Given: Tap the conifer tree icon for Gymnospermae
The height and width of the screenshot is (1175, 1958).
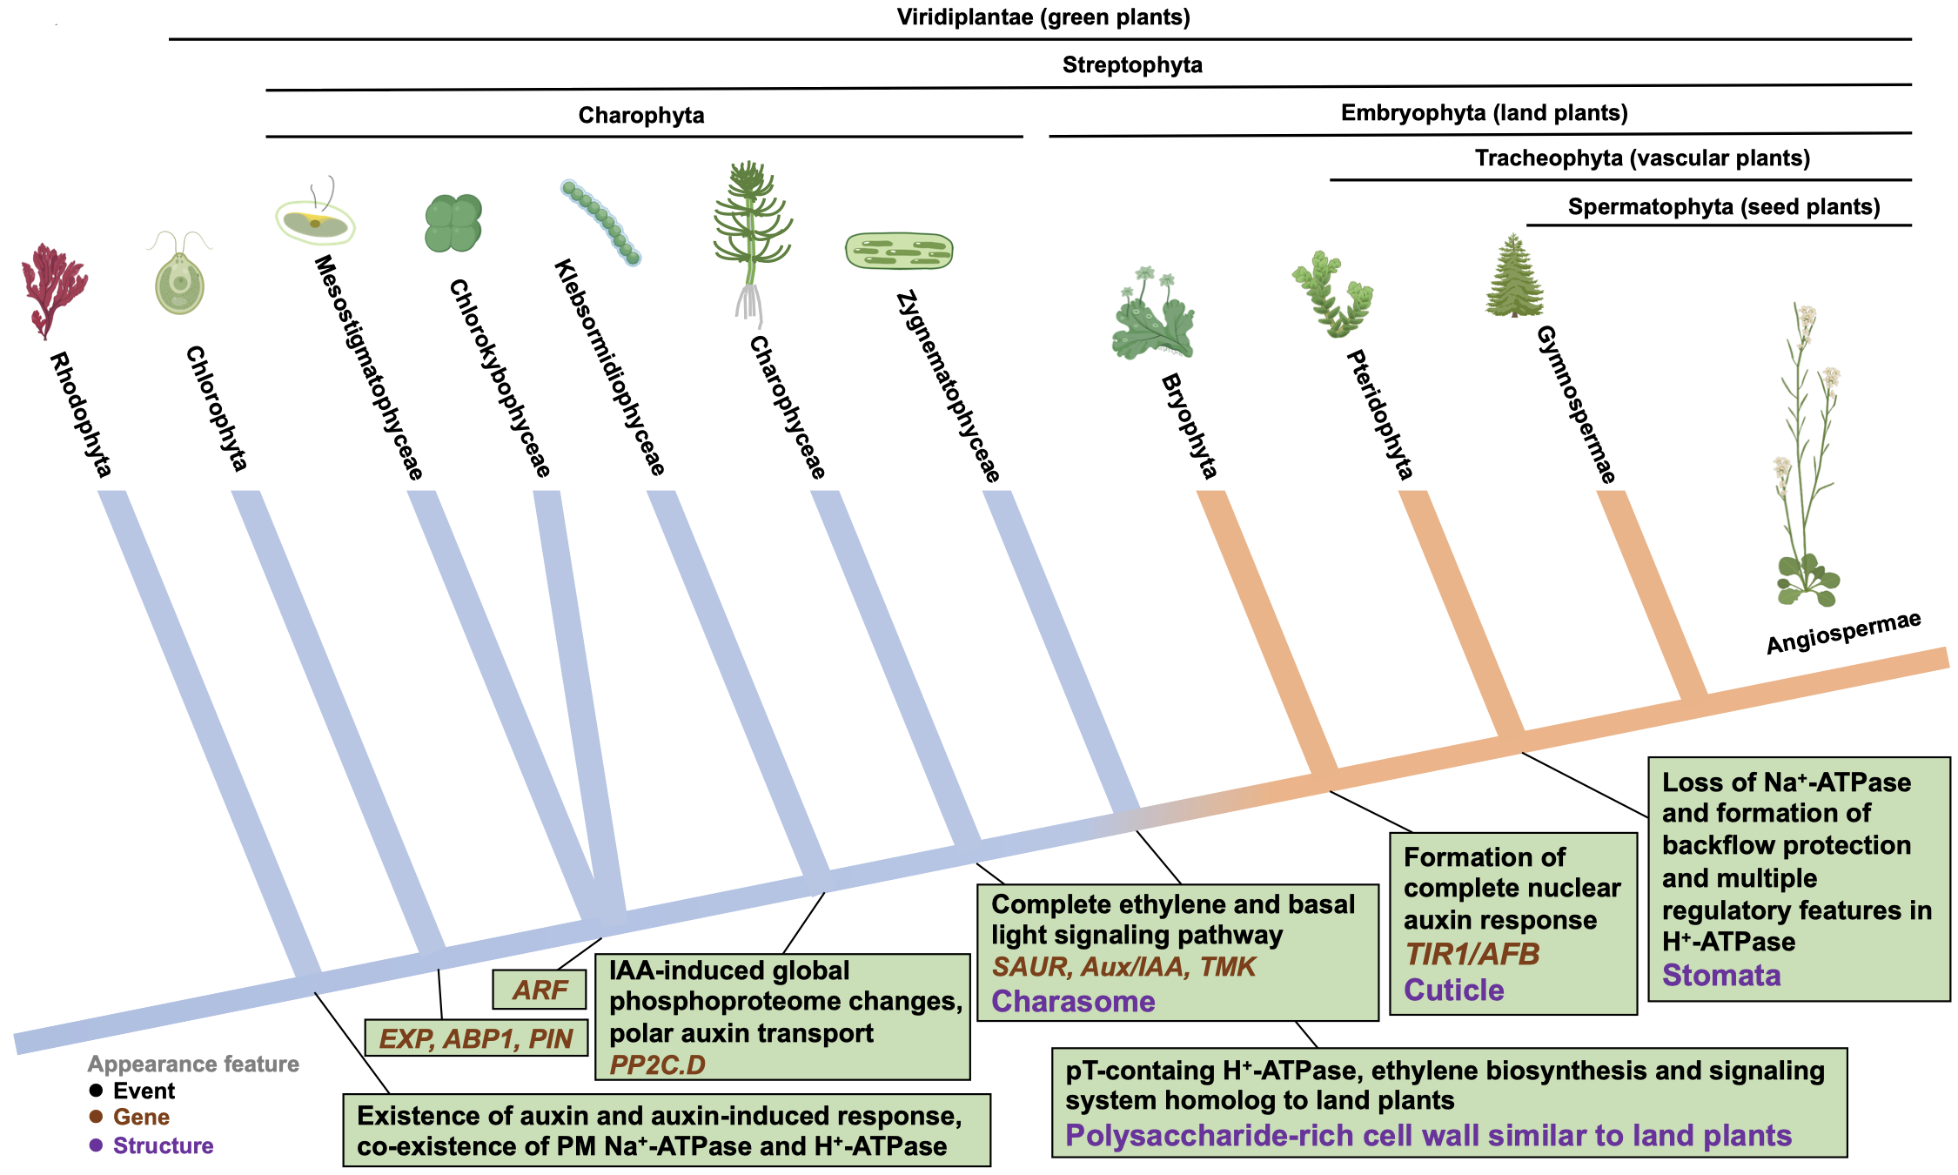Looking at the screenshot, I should click(x=1514, y=277).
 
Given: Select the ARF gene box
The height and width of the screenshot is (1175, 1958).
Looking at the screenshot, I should click(x=540, y=990).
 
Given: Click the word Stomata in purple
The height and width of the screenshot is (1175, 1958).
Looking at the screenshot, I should click(x=1721, y=976).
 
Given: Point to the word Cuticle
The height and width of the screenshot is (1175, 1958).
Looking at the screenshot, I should click(x=1454, y=990).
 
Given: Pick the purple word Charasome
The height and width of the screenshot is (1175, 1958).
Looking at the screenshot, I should click(x=1073, y=1002).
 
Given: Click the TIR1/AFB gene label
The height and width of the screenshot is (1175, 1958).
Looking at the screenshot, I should click(x=1472, y=955).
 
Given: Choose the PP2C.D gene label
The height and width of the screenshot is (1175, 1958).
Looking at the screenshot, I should click(x=657, y=1064).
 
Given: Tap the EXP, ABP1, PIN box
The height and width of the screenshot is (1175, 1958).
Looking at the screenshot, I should click(x=476, y=1038).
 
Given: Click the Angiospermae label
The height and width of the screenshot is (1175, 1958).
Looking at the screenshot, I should click(x=1843, y=633).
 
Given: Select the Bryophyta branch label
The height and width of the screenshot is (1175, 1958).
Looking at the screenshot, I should click(x=1189, y=426).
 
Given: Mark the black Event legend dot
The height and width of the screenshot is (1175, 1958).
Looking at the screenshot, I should click(x=96, y=1091).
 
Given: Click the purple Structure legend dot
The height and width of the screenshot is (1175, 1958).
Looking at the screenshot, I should click(x=96, y=1145).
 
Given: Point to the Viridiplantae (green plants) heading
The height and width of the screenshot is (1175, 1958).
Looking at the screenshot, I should click(x=1043, y=17).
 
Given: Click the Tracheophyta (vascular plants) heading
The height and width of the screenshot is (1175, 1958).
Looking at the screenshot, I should click(x=1642, y=158).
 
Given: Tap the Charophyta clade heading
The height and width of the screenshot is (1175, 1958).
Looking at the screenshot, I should click(x=641, y=116).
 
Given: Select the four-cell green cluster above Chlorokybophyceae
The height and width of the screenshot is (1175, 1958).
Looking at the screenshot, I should click(x=453, y=224).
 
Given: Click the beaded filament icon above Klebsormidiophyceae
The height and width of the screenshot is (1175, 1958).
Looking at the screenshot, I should click(x=601, y=222).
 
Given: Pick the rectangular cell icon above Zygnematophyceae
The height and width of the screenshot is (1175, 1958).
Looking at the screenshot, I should click(x=899, y=251).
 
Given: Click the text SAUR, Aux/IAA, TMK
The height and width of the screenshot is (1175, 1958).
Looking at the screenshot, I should click(x=1123, y=967).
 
